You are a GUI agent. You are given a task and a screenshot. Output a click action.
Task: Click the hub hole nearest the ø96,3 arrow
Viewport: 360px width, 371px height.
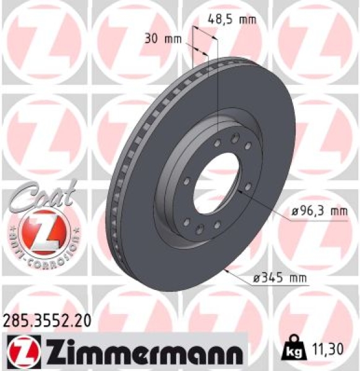247,187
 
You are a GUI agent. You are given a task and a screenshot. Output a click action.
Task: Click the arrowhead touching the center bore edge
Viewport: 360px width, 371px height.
238,194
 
